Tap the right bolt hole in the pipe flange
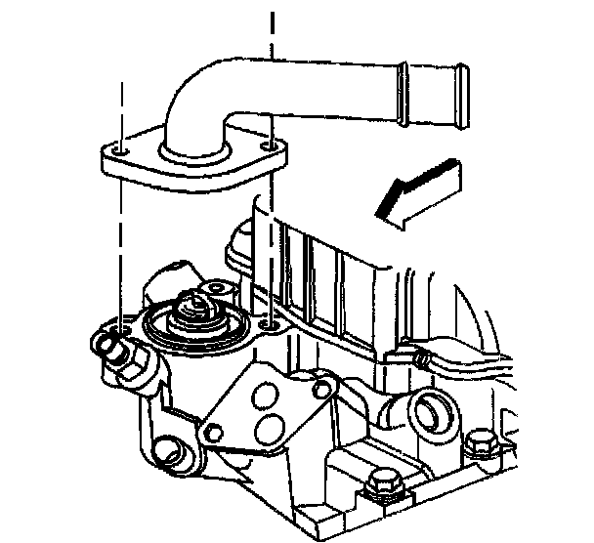(x=271, y=147)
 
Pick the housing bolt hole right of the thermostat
(x=270, y=322)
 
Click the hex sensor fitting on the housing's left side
(x=114, y=349)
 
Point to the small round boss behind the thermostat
(x=216, y=287)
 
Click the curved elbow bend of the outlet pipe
(x=191, y=98)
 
